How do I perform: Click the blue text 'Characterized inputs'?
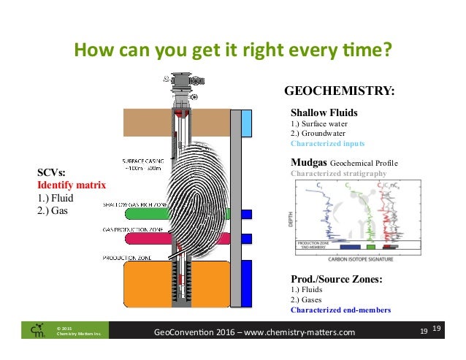pyautogui.click(x=327, y=144)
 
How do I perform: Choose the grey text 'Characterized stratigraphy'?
pyautogui.click(x=338, y=174)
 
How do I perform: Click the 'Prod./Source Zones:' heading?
pyautogui.click(x=337, y=279)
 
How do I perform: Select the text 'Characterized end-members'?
pyautogui.click(x=340, y=310)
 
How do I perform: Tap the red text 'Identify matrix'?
pyautogui.click(x=72, y=185)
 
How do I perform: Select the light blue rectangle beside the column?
pyautogui.click(x=247, y=123)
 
